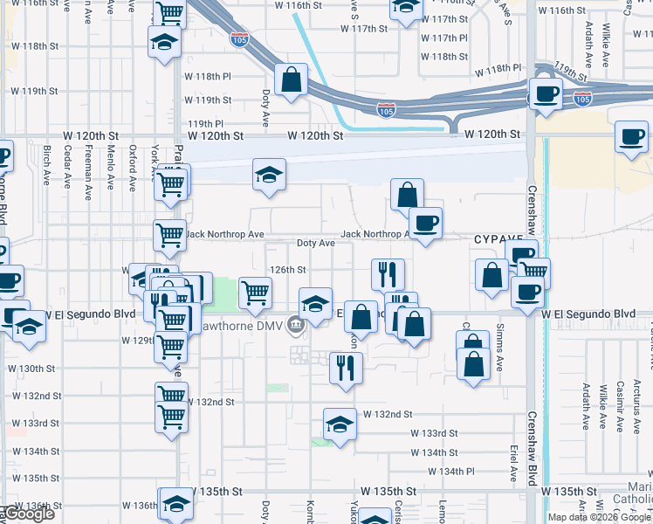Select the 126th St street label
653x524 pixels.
point(287,271)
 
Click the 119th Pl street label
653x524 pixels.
point(205,124)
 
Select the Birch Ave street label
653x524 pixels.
point(46,166)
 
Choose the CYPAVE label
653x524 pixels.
point(498,238)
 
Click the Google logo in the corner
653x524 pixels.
point(28,514)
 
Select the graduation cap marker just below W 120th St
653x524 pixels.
point(270,174)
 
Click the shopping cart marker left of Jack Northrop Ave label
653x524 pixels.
point(169,233)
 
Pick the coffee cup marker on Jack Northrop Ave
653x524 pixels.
point(425,223)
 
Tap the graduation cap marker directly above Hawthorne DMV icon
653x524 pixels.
point(315,303)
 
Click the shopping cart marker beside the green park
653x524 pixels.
point(255,292)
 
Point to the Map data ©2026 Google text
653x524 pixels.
point(599,517)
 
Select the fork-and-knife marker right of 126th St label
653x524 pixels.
point(387,273)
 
